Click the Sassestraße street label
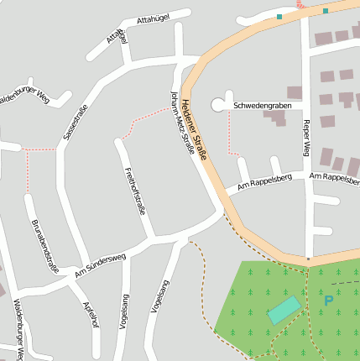(x=76, y=123)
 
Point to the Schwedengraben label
(x=263, y=106)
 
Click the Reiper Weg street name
(x=306, y=139)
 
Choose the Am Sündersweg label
(x=100, y=266)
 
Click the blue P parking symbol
(x=328, y=300)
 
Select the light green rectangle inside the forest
(x=284, y=310)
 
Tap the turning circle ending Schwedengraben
(x=219, y=105)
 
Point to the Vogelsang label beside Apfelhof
(x=125, y=311)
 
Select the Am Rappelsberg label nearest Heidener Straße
(x=264, y=181)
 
